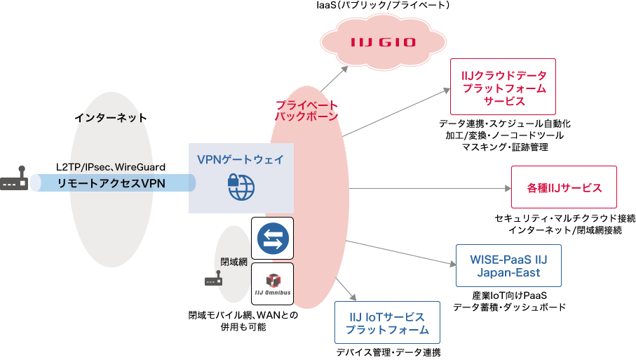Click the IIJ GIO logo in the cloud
(x=383, y=42)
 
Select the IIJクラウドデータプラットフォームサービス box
(x=503, y=87)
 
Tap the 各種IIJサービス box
(x=564, y=188)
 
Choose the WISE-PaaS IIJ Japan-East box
(x=508, y=265)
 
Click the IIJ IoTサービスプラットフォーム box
(x=387, y=323)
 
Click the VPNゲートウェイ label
(x=241, y=159)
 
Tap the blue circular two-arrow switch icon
(x=272, y=239)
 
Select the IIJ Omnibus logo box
(x=272, y=284)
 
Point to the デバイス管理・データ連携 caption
(x=388, y=352)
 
